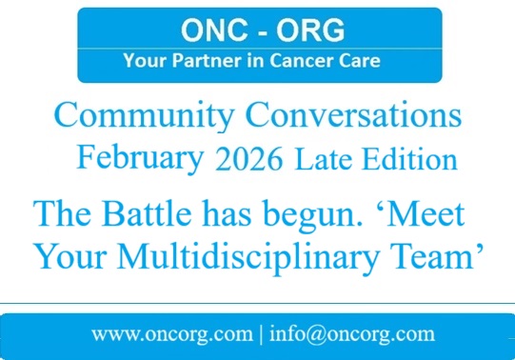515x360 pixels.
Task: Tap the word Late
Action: [322, 159]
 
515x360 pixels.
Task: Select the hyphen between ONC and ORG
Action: [257, 30]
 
